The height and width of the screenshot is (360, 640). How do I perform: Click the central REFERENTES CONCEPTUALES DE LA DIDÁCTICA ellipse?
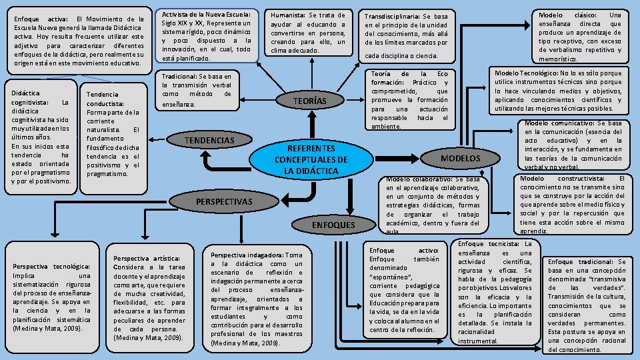click(x=311, y=159)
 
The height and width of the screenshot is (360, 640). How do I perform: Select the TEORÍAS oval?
click(x=310, y=101)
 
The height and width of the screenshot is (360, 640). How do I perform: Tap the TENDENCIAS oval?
click(x=209, y=141)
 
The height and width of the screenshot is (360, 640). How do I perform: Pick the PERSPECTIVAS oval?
click(x=223, y=201)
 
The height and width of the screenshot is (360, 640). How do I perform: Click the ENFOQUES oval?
click(x=333, y=225)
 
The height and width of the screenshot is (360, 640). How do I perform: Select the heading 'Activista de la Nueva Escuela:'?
click(x=206, y=14)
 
